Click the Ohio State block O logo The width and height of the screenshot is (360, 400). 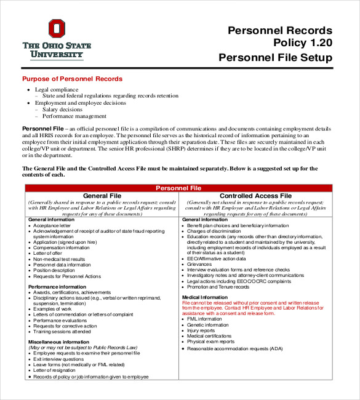[57, 29]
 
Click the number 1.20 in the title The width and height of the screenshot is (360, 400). [318, 44]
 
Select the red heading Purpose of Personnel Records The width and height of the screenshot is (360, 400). [72, 79]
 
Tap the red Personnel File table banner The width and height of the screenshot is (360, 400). [178, 188]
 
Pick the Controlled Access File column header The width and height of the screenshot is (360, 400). [255, 196]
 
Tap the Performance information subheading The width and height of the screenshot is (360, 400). [57, 287]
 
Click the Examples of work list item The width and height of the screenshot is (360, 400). [53, 309]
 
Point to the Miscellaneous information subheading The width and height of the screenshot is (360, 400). [60, 342]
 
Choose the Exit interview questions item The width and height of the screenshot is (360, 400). [59, 359]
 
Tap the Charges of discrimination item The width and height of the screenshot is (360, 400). [212, 231]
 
